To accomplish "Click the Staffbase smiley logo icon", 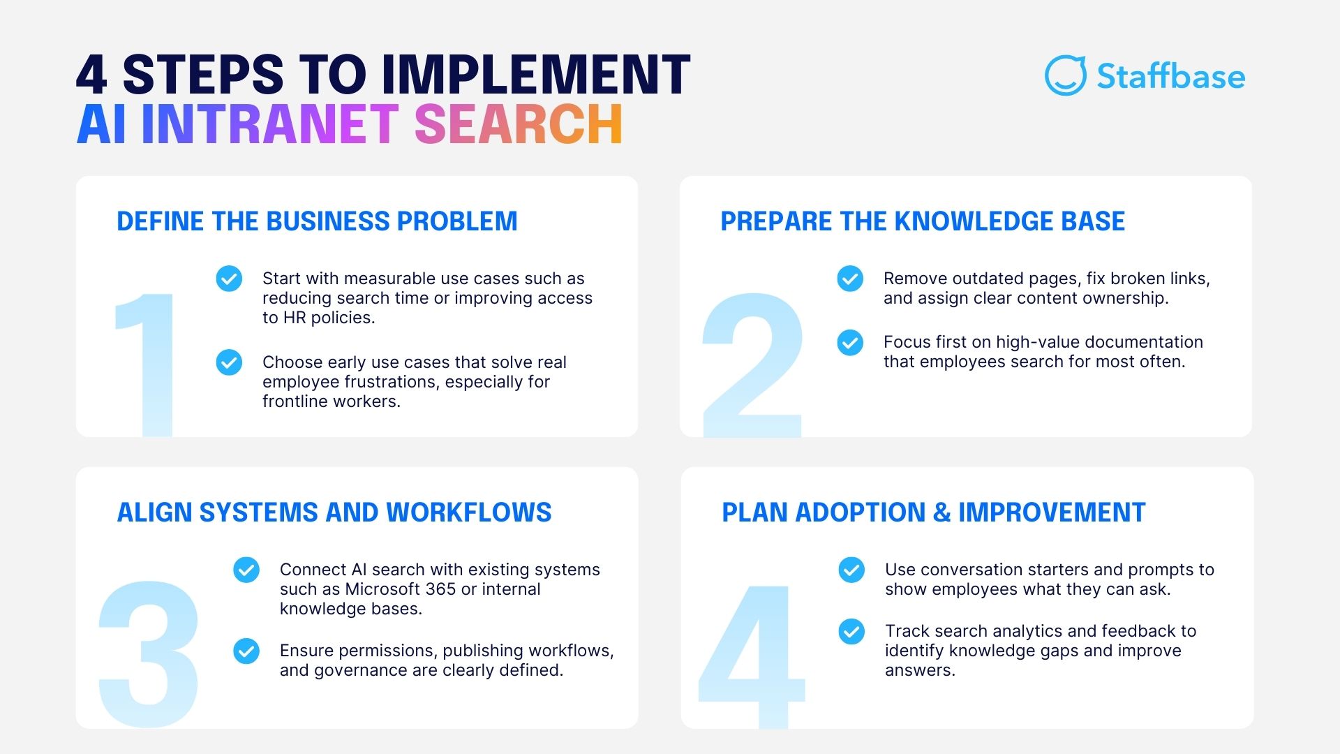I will [1065, 75].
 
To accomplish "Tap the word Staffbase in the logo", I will [1170, 76].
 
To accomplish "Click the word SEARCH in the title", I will [518, 124].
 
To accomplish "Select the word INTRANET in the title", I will [270, 124].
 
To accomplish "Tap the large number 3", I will [149, 653].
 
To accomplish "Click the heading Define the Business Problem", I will [317, 221].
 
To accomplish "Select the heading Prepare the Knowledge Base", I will [922, 221].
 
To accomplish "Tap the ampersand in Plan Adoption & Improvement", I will [941, 512].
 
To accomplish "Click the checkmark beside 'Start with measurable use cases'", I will [229, 279].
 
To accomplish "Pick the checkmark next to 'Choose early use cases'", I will [229, 362].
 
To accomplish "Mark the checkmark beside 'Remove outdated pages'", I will [850, 279].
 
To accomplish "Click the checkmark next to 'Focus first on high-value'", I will [850, 343].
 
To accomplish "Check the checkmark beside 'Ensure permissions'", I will [246, 651].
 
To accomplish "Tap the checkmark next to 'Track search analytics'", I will [851, 631].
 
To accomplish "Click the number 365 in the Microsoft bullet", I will [441, 589].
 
